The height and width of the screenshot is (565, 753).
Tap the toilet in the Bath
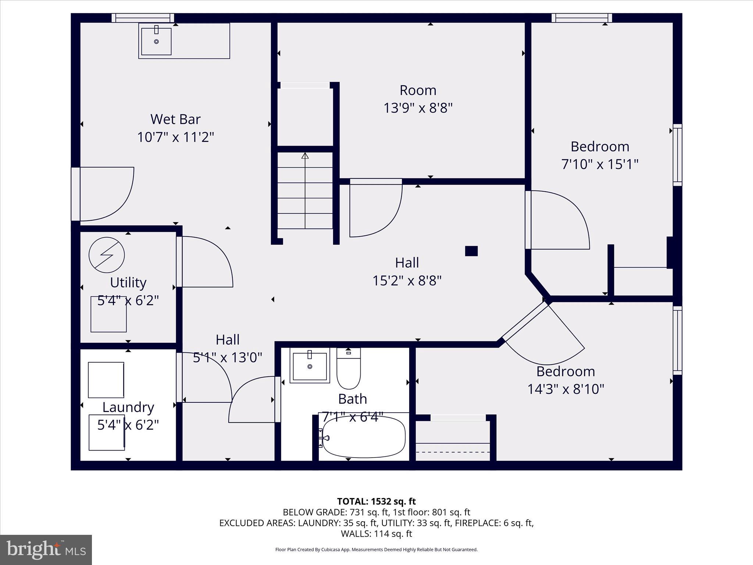[349, 370]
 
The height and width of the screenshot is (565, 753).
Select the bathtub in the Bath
[363, 437]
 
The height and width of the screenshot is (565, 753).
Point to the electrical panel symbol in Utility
[107, 255]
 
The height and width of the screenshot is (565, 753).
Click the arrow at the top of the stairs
[305, 156]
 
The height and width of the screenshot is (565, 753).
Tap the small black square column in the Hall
[471, 251]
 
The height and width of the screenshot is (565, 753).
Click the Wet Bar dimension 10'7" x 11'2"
[175, 137]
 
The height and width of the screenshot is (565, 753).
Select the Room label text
[418, 90]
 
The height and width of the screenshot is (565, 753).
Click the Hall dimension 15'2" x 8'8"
[407, 281]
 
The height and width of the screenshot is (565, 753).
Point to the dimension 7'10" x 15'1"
[599, 164]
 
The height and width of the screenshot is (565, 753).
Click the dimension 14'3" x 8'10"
[565, 389]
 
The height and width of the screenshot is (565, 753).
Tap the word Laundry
[128, 407]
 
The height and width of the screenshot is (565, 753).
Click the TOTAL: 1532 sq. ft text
[376, 501]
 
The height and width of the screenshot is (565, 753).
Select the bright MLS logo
[46, 550]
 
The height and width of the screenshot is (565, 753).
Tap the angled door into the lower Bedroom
[544, 333]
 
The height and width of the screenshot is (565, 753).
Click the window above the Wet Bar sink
[143, 18]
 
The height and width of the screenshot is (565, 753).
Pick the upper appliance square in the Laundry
[106, 380]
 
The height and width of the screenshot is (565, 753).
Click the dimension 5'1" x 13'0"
[228, 357]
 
